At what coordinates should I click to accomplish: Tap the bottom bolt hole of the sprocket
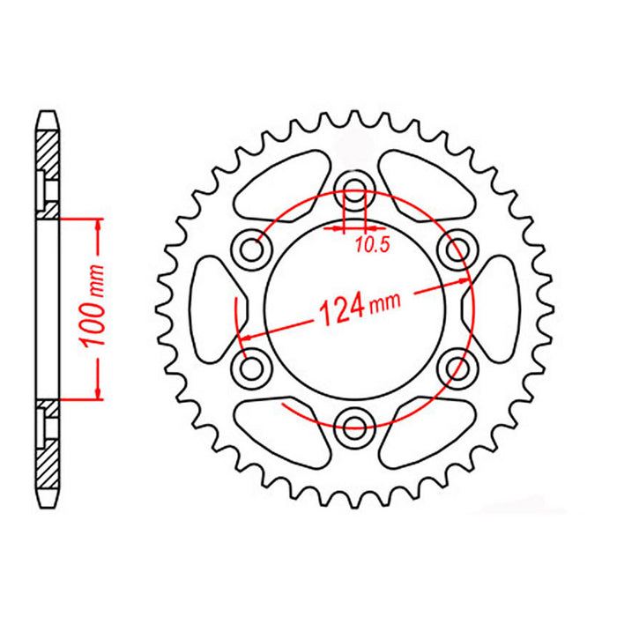pyautogui.click(x=356, y=427)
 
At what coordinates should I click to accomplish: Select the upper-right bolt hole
pyautogui.click(x=457, y=250)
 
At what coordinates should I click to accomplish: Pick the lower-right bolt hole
pyautogui.click(x=457, y=365)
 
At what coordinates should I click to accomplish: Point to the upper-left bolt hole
pyautogui.click(x=255, y=250)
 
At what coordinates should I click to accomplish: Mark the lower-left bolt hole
pyautogui.click(x=255, y=365)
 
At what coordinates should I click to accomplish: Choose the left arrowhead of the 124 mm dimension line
pyautogui.click(x=246, y=337)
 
